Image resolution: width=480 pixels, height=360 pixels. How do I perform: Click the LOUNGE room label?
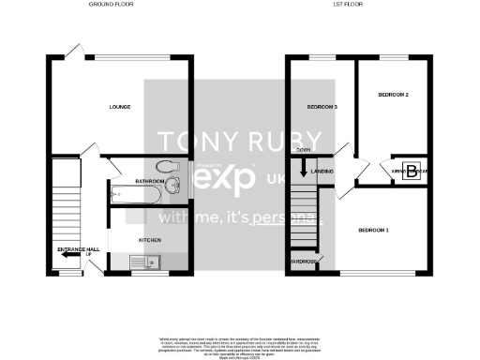[119, 107]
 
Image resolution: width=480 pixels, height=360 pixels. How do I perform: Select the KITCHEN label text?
[151, 240]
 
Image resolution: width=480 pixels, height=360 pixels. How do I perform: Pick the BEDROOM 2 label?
[393, 95]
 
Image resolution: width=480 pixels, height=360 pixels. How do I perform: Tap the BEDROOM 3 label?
[322, 108]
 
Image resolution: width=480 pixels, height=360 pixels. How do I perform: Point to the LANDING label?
[322, 172]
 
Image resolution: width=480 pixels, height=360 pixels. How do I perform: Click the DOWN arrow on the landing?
[303, 169]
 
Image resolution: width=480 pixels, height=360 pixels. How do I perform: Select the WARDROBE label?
[304, 262]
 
